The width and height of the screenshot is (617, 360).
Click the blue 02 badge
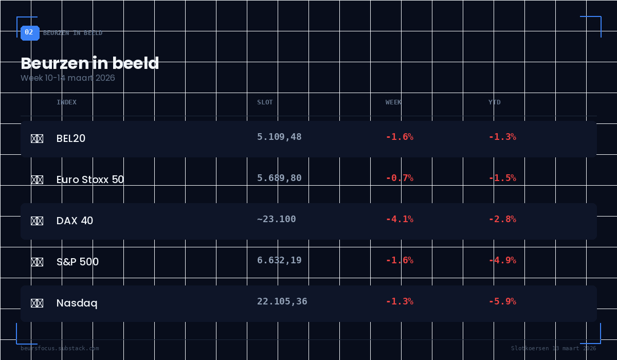pyautogui.click(x=29, y=32)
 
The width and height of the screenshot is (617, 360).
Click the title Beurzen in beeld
pyautogui.click(x=90, y=63)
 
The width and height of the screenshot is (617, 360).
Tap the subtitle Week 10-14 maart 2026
pyautogui.click(x=68, y=78)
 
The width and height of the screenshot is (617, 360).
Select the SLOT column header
pyautogui.click(x=265, y=102)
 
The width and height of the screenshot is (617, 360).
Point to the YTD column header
pyautogui.click(x=494, y=102)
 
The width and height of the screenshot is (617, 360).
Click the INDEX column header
pyautogui.click(x=66, y=102)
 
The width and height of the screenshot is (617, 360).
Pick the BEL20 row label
pyautogui.click(x=71, y=138)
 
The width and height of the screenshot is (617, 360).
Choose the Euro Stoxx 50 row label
pyautogui.click(x=90, y=179)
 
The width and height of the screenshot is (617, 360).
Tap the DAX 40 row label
pyautogui.click(x=75, y=221)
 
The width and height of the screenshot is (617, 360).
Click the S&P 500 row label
pyautogui.click(x=78, y=262)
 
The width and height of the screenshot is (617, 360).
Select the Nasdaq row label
pyautogui.click(x=77, y=303)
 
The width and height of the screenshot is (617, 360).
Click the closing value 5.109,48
pyautogui.click(x=279, y=137)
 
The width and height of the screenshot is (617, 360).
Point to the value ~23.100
pyautogui.click(x=277, y=219)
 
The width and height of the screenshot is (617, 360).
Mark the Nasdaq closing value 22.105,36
pyautogui.click(x=282, y=301)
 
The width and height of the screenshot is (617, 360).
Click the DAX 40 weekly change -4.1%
pyautogui.click(x=400, y=219)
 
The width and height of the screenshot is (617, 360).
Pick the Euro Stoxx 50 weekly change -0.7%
pyautogui.click(x=400, y=178)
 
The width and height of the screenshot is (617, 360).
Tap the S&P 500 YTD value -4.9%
pyautogui.click(x=502, y=260)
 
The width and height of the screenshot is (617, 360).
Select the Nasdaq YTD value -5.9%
pyautogui.click(x=502, y=301)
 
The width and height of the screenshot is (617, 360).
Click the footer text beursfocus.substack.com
pyautogui.click(x=60, y=348)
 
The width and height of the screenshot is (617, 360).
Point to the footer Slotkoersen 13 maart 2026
pyautogui.click(x=553, y=348)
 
